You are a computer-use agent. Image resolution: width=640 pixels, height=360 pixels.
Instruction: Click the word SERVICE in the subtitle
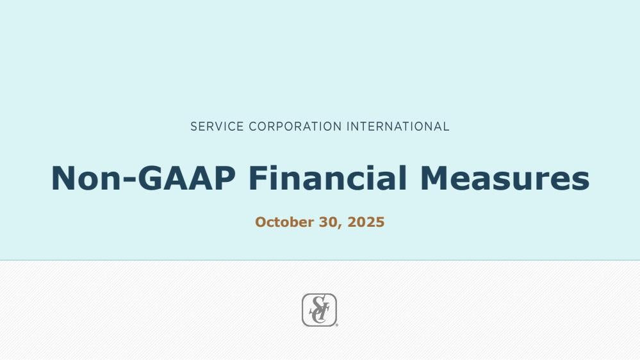[x=217, y=127]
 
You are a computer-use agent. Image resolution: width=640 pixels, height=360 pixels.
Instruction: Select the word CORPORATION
[x=295, y=127]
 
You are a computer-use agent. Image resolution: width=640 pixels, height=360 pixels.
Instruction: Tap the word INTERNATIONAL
[x=398, y=127]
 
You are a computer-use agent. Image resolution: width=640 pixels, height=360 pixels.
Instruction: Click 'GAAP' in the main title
[x=186, y=178]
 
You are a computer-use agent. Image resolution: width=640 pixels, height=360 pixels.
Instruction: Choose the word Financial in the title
[x=328, y=178]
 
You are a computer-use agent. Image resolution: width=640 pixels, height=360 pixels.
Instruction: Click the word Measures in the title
[x=505, y=178]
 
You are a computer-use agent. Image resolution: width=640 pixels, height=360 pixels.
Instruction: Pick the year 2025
[x=366, y=222]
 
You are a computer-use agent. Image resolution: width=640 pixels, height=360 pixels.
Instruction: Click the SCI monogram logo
[x=319, y=310]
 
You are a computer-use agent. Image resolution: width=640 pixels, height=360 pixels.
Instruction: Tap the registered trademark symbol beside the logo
[x=337, y=325]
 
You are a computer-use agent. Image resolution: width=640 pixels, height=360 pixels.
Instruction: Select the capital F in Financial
[x=259, y=178]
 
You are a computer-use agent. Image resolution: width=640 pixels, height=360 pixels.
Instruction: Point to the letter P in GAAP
[x=225, y=178]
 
